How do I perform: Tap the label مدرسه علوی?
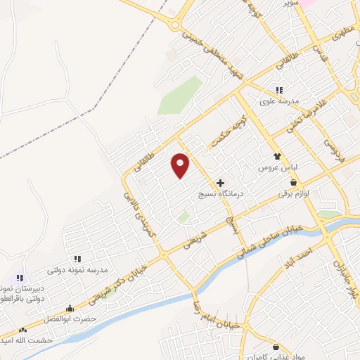coord(279,101)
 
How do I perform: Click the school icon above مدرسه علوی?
coord(279,89)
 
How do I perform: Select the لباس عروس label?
coord(277,169)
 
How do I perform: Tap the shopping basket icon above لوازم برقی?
coord(293,181)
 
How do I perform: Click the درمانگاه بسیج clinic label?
coord(220,192)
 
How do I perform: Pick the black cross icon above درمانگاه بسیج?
coord(220,182)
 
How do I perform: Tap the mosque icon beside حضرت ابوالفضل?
coord(69,309)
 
